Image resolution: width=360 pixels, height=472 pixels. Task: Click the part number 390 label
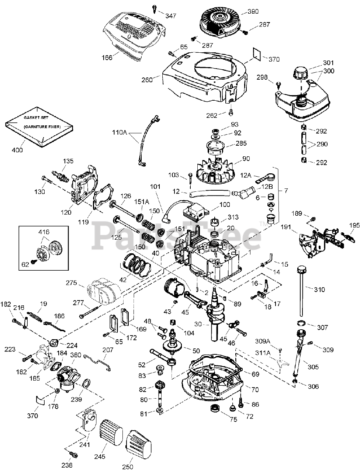pos(253,11)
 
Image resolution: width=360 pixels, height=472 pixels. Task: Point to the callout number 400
pos(17,150)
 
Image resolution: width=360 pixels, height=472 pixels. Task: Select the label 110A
pos(120,132)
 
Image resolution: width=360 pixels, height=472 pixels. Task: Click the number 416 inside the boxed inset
pos(44,232)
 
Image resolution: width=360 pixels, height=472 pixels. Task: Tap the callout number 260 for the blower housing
pos(147,80)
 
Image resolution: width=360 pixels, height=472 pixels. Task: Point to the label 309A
pos(263,341)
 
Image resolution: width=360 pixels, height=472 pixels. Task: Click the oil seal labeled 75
pos(215,408)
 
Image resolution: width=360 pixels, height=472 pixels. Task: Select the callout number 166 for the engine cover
pos(107,58)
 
